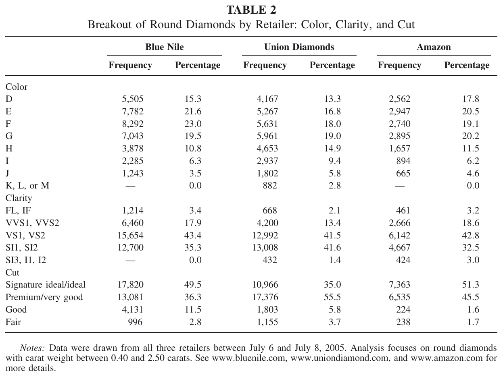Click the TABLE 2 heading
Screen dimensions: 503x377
[251, 10]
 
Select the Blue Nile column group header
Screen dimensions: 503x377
[165, 47]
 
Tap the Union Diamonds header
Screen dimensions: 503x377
[299, 47]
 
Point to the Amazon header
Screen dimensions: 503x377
[434, 47]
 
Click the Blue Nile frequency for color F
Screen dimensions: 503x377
[133, 124]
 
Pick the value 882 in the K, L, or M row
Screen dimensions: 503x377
[270, 186]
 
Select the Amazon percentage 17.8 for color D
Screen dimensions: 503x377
[470, 99]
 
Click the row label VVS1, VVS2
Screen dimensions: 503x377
[32, 223]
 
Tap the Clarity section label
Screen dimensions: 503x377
[19, 198]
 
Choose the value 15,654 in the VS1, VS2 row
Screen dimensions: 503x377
[130, 235]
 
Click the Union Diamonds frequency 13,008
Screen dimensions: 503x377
[265, 248]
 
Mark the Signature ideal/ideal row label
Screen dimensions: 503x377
[45, 285]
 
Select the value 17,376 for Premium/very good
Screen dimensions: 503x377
[265, 297]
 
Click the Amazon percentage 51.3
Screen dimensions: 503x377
[470, 285]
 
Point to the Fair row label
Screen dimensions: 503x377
[13, 322]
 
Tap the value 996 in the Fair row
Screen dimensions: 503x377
[135, 322]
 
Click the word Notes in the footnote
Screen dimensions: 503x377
[32, 348]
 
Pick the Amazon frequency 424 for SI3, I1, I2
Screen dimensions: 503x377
[403, 260]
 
